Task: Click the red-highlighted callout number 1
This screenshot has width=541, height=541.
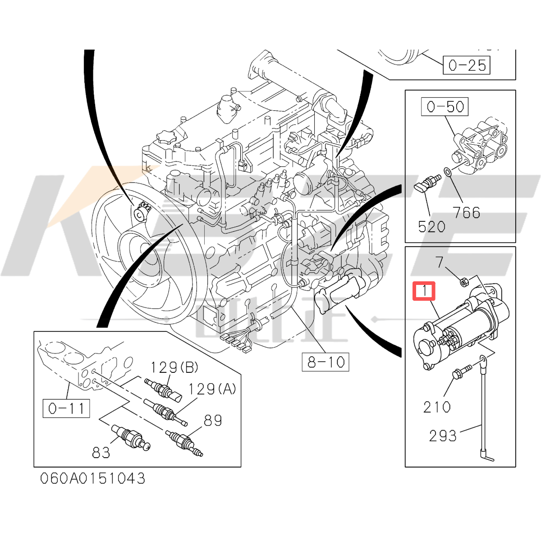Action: click(x=424, y=291)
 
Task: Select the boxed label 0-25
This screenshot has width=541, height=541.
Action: click(x=467, y=66)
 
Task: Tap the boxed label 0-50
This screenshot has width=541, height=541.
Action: click(x=445, y=107)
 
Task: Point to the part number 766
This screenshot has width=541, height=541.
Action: click(x=467, y=212)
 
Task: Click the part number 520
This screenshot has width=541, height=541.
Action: click(x=431, y=226)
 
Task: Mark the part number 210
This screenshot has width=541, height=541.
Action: click(x=436, y=407)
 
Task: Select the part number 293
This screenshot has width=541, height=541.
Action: click(x=443, y=436)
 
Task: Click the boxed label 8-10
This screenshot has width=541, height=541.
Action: click(x=326, y=362)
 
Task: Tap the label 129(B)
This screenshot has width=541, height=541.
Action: click(x=174, y=367)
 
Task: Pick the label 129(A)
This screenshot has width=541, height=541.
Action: click(x=212, y=389)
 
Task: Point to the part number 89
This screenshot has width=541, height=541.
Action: click(x=213, y=420)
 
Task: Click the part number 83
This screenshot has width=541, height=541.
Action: click(x=101, y=452)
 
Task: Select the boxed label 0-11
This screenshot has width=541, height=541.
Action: click(x=66, y=408)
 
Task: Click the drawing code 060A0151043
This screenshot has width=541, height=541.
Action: click(x=93, y=478)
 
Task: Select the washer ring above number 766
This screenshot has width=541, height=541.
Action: click(x=447, y=172)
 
